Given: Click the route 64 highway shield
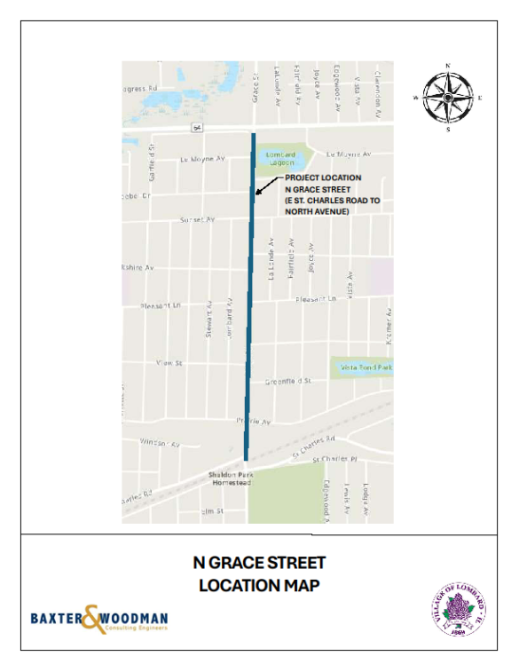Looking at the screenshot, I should point(196,128).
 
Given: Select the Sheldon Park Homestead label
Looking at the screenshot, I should point(231,478).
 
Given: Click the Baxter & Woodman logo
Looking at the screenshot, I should point(98,619).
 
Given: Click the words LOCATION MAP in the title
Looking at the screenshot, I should point(259,586).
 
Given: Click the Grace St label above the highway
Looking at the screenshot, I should point(255,87).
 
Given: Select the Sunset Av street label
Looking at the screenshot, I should point(197,219).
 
